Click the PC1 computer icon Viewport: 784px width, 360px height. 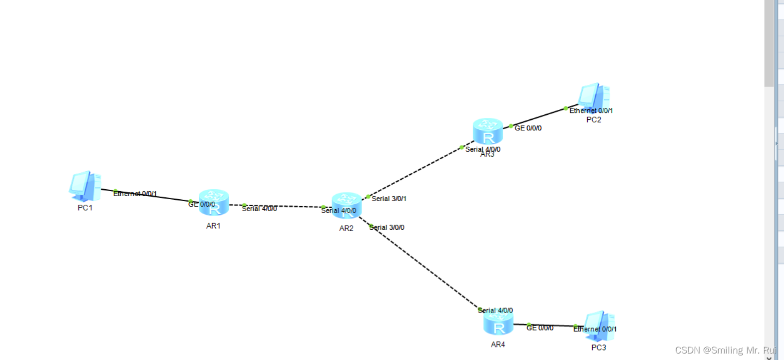coord(85,186)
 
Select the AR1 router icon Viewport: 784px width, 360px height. coord(214,202)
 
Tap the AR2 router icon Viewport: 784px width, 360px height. coord(347,205)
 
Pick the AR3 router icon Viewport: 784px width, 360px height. coord(488,131)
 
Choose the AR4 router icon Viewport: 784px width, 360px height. coord(498,323)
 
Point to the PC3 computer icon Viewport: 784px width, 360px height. coord(599,325)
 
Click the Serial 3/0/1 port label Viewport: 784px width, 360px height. coord(389,199)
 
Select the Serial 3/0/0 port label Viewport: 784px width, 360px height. coord(387,228)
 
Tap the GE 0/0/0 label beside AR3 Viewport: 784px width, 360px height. coord(528,128)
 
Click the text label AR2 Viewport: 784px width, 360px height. coord(346,229)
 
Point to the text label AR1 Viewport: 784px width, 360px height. coord(213,226)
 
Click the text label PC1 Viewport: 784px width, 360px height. coord(85,208)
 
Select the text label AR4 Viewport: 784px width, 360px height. coord(498,345)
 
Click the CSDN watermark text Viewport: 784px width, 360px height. coord(726,350)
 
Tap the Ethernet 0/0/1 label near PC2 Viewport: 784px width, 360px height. coord(591,111)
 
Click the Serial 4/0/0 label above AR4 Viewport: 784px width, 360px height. coord(495,311)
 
